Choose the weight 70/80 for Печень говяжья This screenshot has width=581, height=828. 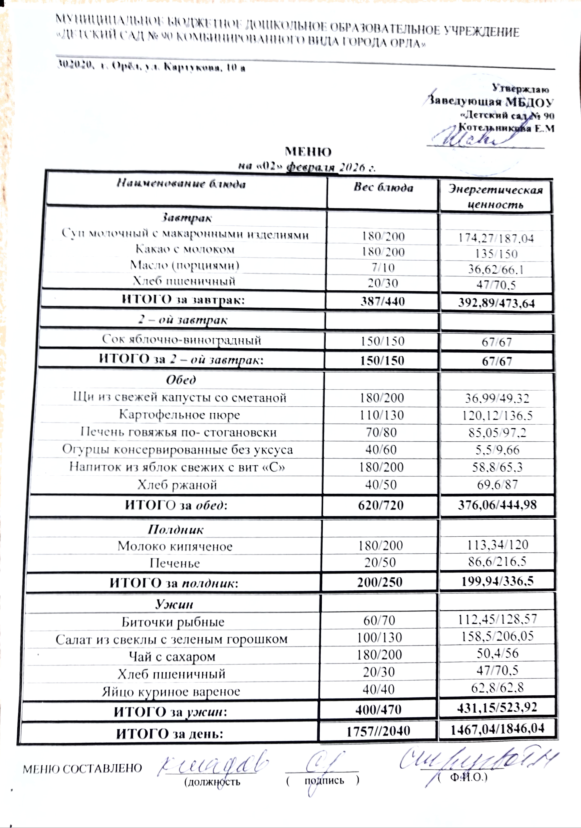(x=381, y=432)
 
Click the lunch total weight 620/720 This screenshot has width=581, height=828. (x=381, y=505)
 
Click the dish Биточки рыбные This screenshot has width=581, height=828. (x=173, y=622)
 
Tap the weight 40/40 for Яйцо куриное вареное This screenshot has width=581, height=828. (x=379, y=689)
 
